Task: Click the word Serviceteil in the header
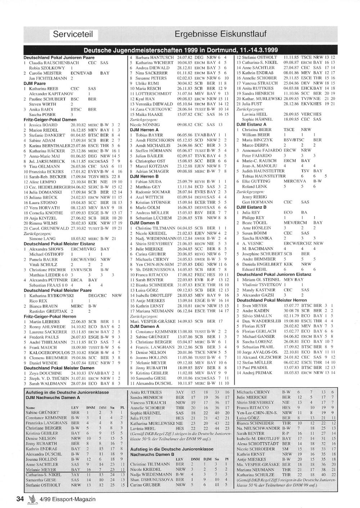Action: point(73,34)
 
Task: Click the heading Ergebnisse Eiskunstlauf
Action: point(221,34)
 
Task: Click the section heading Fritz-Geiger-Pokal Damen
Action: point(50,119)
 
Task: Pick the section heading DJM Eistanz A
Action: point(252,124)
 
